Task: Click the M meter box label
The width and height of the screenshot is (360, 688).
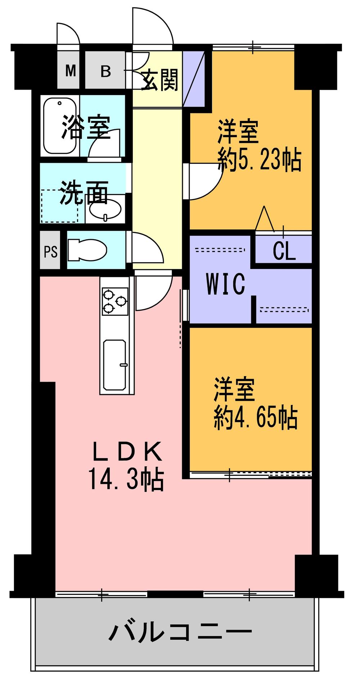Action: pos(71,71)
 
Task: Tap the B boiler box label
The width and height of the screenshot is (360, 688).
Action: pos(105,71)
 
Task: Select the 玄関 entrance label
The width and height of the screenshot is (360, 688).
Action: pos(159,80)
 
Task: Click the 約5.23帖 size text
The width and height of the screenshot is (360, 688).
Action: pos(260,161)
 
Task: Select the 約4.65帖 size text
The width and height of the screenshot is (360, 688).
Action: pos(256,418)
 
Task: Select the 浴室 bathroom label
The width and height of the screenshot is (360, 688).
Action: pos(86,127)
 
